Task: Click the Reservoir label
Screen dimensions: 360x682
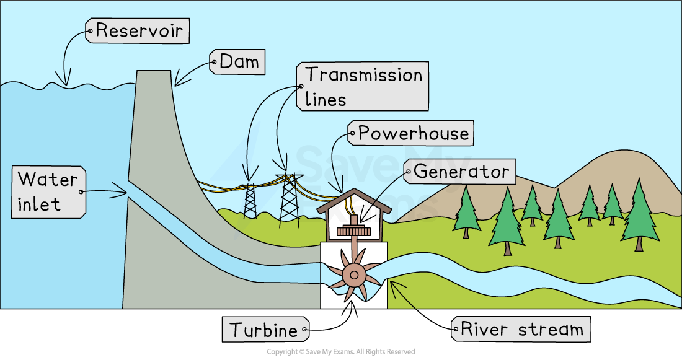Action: (x=138, y=30)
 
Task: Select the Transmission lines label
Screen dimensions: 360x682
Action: (x=363, y=86)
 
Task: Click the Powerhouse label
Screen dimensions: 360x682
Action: (x=412, y=133)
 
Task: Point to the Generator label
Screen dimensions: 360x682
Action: (x=460, y=171)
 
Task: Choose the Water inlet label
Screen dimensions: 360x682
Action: (x=48, y=191)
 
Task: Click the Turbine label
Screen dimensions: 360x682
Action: (x=264, y=330)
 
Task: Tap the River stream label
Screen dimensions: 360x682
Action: (x=521, y=329)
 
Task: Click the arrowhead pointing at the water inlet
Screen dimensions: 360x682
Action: (x=123, y=193)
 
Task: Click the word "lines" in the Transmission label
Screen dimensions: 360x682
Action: (x=325, y=99)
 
